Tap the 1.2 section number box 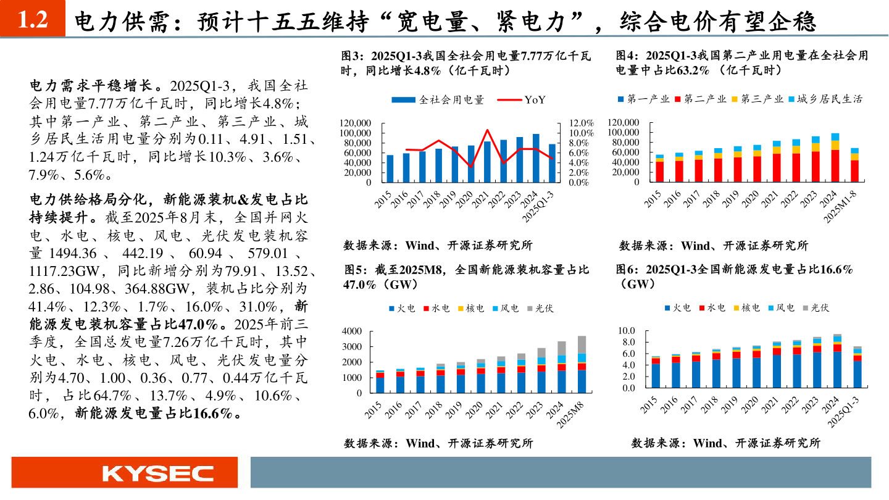(x=32, y=20)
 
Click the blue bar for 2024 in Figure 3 (x=536, y=158)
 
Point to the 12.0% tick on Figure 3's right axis (x=580, y=123)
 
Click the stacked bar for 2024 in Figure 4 (x=835, y=158)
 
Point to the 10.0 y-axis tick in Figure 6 (x=627, y=331)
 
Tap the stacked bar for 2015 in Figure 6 (x=656, y=372)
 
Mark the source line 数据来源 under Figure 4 (x=714, y=246)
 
